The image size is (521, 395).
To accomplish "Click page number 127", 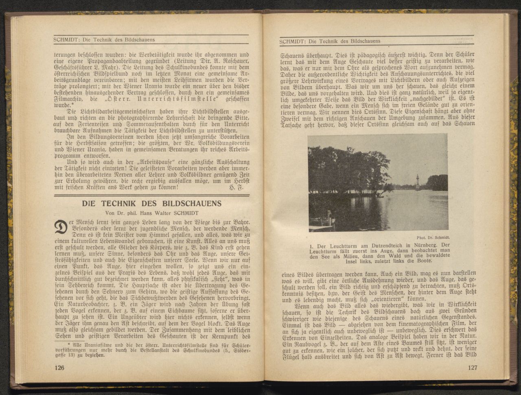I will [473, 368].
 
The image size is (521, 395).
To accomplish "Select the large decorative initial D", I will [60, 227].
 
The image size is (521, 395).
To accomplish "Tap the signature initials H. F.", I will [235, 188].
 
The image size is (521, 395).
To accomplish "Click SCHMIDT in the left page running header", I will [66, 39].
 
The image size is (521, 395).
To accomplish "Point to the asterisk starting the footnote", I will [58, 344].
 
